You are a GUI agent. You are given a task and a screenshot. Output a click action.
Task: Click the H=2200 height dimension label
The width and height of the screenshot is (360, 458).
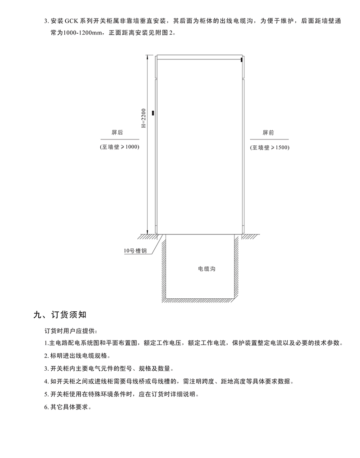(x=144, y=118)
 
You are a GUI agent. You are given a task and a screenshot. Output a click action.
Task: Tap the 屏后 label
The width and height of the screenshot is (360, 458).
(x=117, y=132)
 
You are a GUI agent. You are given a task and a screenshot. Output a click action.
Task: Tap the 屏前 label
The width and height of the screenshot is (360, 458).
(x=268, y=133)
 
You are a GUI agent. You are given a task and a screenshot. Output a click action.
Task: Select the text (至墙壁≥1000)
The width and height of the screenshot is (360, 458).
(x=120, y=147)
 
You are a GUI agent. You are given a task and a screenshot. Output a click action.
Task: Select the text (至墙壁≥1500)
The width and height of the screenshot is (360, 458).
(x=270, y=148)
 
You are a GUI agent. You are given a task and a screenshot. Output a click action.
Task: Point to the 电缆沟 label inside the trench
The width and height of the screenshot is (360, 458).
(x=207, y=269)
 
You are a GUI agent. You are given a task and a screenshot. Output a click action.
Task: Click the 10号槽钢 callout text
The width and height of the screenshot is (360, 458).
(x=135, y=251)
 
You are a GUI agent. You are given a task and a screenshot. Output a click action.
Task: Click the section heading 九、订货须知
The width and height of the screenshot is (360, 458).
(x=60, y=314)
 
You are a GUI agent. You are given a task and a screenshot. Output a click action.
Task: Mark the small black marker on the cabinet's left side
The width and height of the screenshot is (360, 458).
(x=152, y=113)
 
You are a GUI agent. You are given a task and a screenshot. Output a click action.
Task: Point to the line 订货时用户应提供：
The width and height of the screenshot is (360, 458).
(x=70, y=331)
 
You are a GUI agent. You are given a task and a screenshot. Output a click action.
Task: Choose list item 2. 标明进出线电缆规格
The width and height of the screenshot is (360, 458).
(x=77, y=356)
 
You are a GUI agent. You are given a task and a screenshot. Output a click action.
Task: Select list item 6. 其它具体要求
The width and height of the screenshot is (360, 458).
(x=68, y=407)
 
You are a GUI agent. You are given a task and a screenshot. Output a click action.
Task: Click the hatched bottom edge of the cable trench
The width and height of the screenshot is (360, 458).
(x=199, y=300)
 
